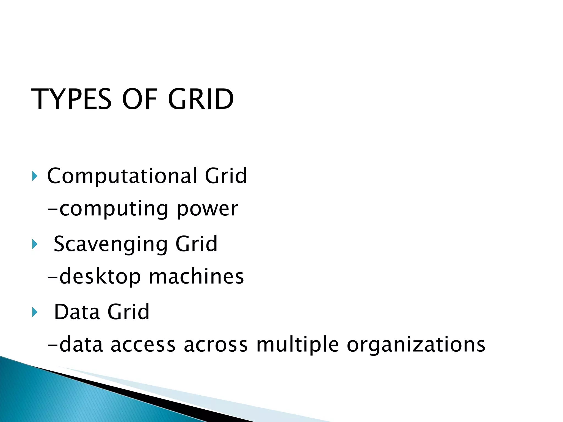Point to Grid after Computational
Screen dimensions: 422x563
[226, 176]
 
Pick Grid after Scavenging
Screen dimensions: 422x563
[196, 244]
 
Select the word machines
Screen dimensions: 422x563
[196, 277]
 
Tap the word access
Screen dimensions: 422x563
[143, 345]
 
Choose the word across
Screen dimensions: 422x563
[216, 345]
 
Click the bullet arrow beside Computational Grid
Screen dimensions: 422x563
[34, 176]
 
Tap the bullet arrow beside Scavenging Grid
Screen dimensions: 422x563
[34, 244]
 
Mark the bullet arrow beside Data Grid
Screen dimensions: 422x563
[34, 312]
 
